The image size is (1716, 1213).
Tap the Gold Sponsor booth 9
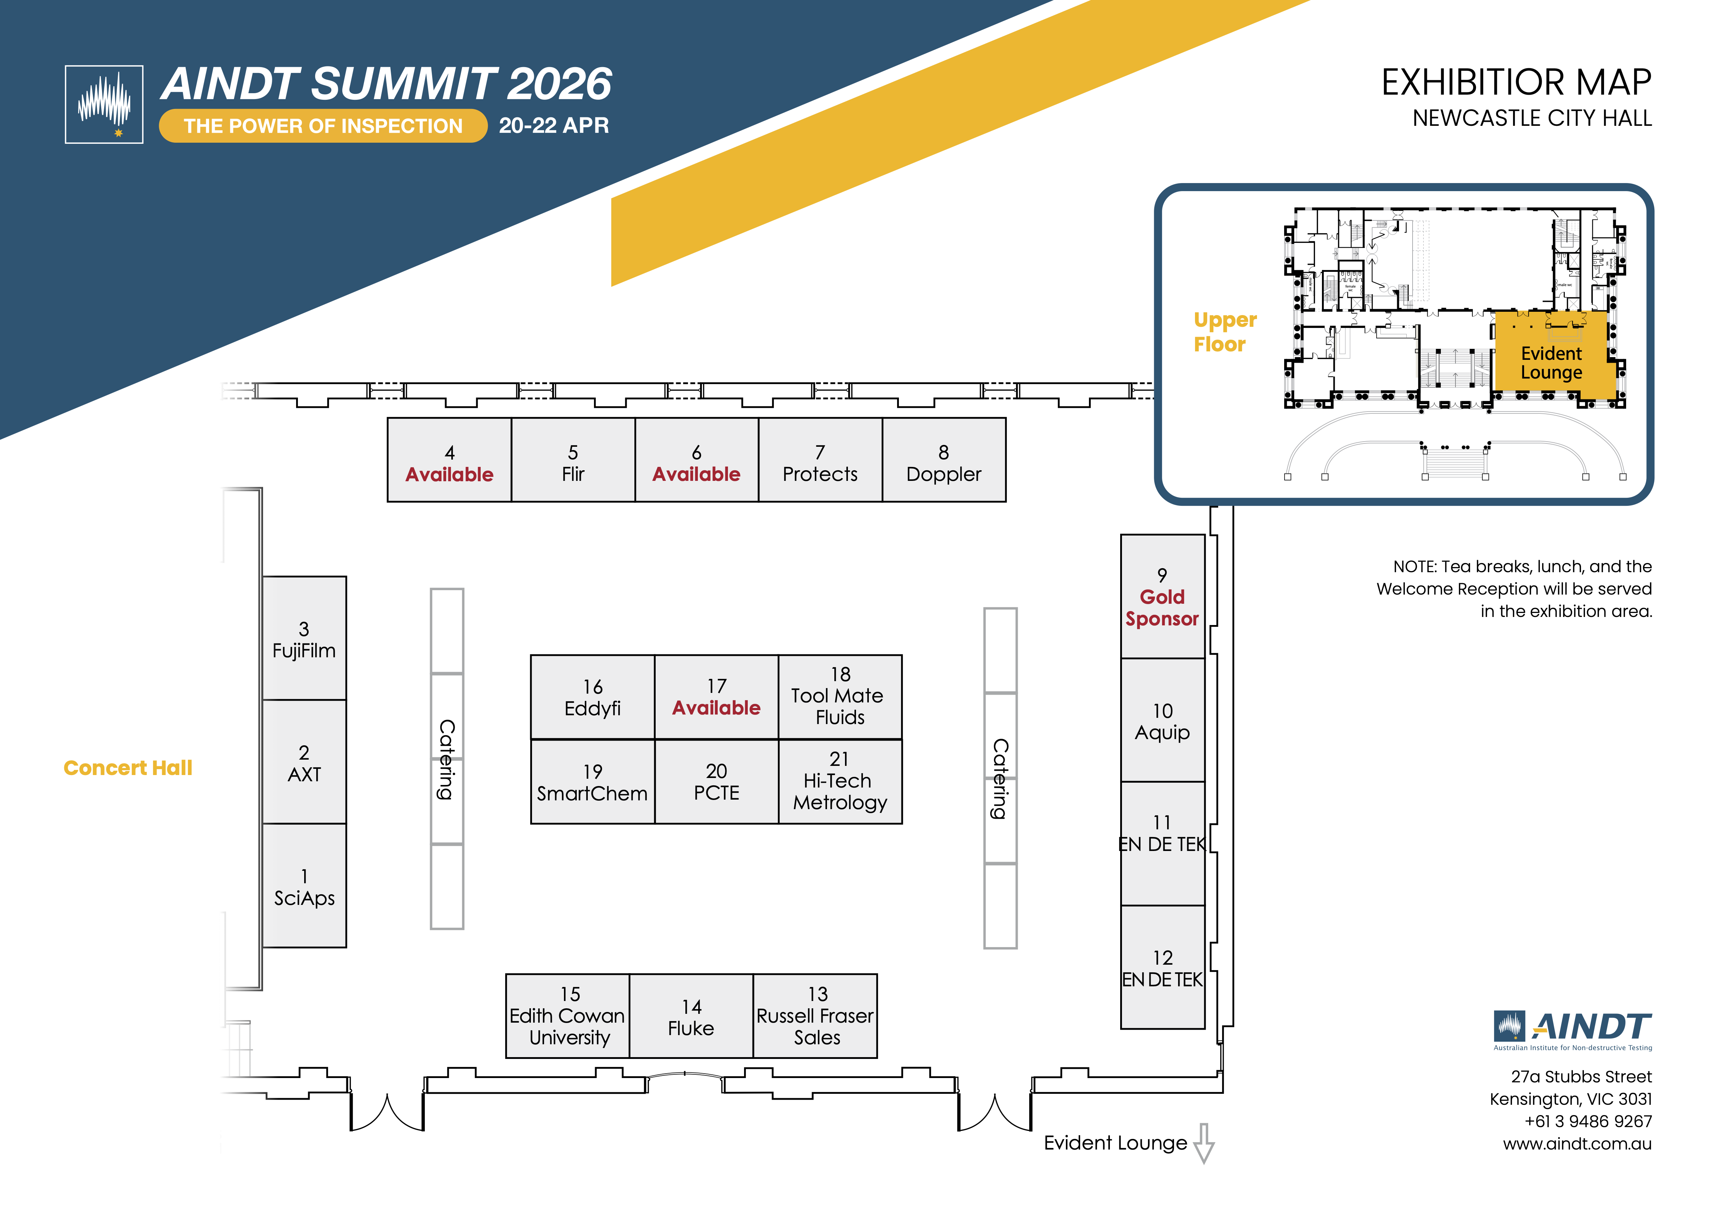tap(1162, 596)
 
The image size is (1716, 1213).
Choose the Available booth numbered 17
tap(716, 697)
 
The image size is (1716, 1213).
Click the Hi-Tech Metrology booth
tap(840, 782)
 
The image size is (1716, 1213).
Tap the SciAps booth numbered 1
tap(304, 887)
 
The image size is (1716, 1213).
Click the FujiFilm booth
tap(304, 639)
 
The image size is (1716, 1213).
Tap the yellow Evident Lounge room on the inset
tap(1551, 362)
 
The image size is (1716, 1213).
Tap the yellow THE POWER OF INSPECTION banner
tap(323, 125)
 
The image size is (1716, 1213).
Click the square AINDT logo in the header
tap(104, 104)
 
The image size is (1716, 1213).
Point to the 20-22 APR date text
tap(554, 125)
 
